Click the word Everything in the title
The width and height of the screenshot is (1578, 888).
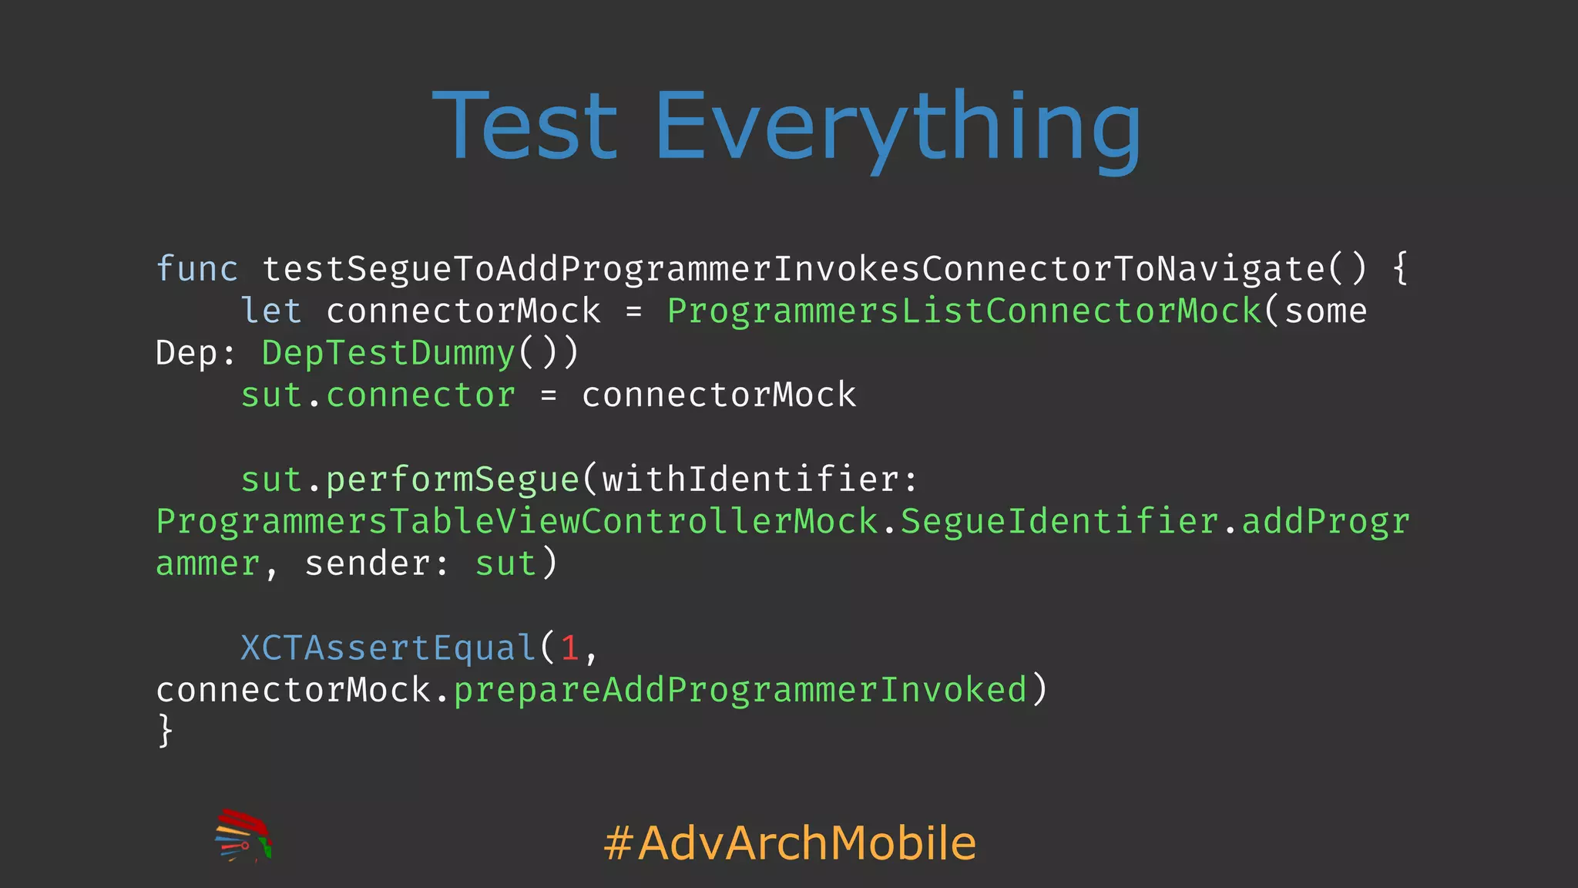click(x=897, y=127)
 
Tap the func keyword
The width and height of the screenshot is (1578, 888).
click(x=197, y=269)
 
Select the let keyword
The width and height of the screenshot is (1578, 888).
click(x=271, y=311)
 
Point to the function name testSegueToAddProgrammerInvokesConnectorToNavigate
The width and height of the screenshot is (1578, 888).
click(x=794, y=269)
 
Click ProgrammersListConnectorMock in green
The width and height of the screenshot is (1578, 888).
click(x=964, y=311)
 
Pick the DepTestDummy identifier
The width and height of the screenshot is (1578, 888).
click(x=388, y=353)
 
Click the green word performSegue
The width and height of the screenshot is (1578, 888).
click(x=452, y=479)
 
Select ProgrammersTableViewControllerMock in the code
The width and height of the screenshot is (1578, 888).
click(x=516, y=522)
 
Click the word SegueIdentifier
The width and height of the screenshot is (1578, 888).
click(x=1059, y=522)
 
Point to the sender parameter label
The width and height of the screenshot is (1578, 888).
click(x=368, y=563)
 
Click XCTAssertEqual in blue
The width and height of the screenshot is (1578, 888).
click(x=388, y=647)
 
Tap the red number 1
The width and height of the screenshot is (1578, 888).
click(x=570, y=647)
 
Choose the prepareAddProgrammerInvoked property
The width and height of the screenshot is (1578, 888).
click(x=740, y=690)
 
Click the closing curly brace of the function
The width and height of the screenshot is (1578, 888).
click(x=165, y=730)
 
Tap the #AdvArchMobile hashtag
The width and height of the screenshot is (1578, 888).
click(x=790, y=843)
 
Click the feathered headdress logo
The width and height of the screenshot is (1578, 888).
click(x=243, y=836)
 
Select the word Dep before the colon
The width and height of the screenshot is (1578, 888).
click(x=186, y=353)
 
